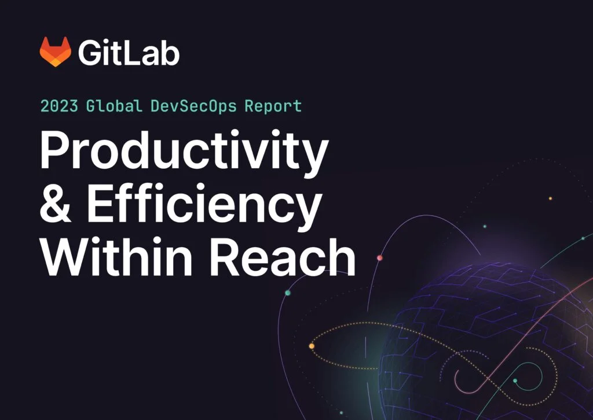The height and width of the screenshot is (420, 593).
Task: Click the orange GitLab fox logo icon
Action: pyautogui.click(x=55, y=52)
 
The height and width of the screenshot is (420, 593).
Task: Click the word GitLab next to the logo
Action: pyautogui.click(x=129, y=53)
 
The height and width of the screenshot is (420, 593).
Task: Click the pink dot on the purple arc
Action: pyautogui.click(x=380, y=258)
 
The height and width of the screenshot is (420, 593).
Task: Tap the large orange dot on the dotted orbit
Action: pyautogui.click(x=312, y=346)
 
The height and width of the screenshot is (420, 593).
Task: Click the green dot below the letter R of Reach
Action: pyautogui.click(x=288, y=293)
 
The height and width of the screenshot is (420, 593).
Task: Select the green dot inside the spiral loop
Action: pyautogui.click(x=515, y=381)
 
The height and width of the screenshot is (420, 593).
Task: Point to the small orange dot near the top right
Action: pyautogui.click(x=550, y=198)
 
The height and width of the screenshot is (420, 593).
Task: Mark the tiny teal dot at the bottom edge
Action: pyautogui.click(x=341, y=413)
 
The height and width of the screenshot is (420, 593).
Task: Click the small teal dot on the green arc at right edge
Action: pyautogui.click(x=583, y=238)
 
